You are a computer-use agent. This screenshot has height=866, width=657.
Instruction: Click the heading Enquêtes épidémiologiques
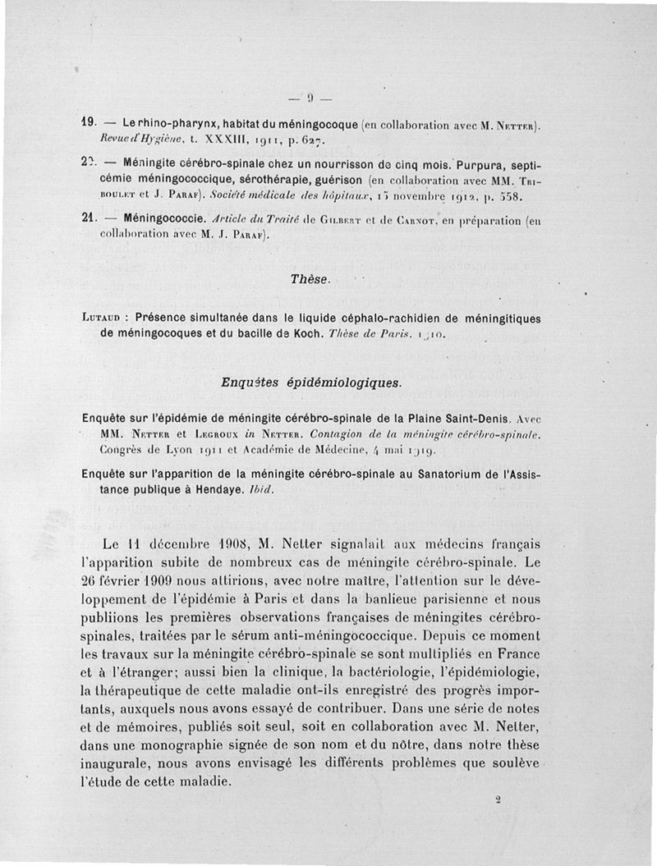tap(310, 383)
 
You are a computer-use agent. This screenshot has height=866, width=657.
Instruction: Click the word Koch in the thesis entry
tap(300, 333)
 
